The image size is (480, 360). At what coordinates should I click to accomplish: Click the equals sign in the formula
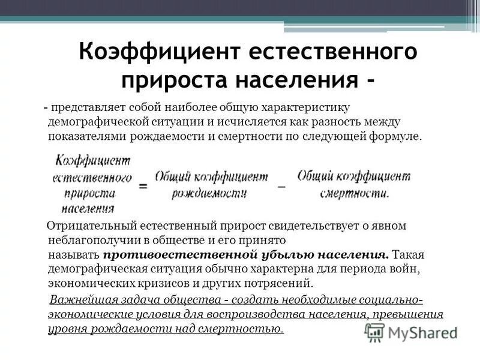[x=144, y=185]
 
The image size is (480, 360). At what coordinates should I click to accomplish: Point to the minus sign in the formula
[x=282, y=185]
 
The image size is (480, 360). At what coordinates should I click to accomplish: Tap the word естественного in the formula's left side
[x=92, y=179]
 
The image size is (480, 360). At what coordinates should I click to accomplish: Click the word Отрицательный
[x=90, y=226]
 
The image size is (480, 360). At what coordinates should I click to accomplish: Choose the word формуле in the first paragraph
[x=400, y=136]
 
